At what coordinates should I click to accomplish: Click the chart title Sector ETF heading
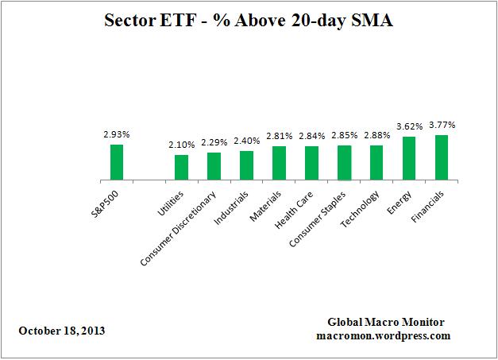click(x=249, y=21)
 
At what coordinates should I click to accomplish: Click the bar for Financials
click(x=442, y=157)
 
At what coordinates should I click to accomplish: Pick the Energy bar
click(x=409, y=157)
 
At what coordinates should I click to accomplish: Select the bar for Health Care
click(x=311, y=162)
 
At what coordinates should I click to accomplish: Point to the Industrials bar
click(x=246, y=165)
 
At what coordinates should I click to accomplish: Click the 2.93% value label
click(x=117, y=135)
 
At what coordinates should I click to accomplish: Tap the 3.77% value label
click(x=442, y=125)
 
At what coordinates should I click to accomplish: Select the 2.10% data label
click(x=181, y=145)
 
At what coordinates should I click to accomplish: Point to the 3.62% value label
click(x=409, y=126)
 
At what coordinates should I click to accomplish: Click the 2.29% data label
click(x=214, y=143)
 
